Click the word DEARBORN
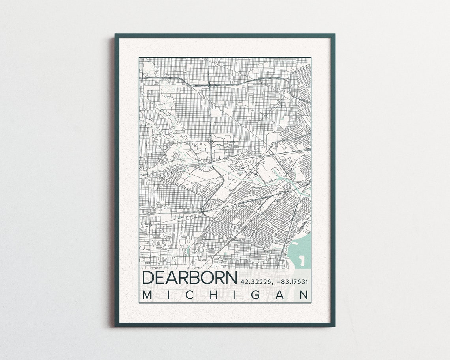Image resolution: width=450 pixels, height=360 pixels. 189,277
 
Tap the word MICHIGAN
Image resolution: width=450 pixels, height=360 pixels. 225,295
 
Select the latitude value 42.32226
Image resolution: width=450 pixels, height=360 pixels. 255,282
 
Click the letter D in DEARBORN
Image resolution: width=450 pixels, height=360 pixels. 148,277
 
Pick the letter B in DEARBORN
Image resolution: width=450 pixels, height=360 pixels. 196,277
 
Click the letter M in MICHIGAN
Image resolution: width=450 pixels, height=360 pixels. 147,295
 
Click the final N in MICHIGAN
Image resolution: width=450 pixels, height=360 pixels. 304,295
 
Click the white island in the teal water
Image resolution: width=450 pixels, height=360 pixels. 302,260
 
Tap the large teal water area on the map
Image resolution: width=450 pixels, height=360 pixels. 302,247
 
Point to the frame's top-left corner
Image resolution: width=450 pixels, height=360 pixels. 115,34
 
